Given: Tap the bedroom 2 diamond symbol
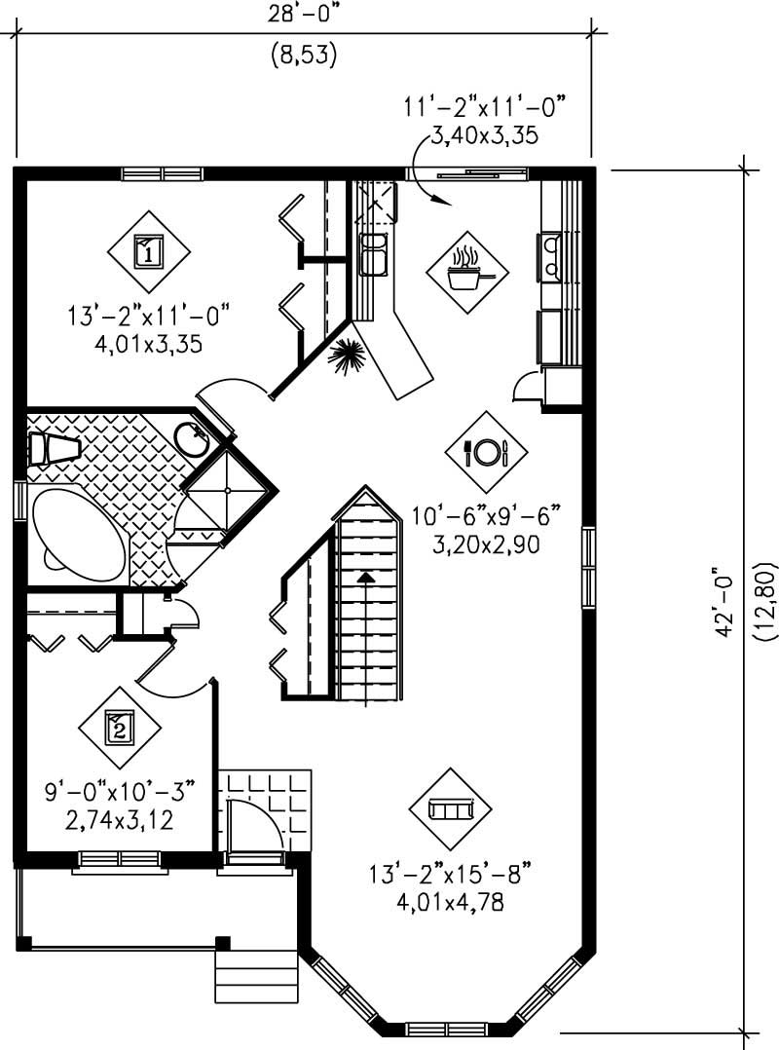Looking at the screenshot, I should click(x=119, y=726).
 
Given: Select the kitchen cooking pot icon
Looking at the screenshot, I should click(x=467, y=272).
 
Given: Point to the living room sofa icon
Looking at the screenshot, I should click(x=451, y=809).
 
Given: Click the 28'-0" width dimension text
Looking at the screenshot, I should click(x=304, y=14).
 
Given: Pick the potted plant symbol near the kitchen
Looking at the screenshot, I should click(x=349, y=356).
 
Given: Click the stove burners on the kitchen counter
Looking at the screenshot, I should click(x=549, y=256).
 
